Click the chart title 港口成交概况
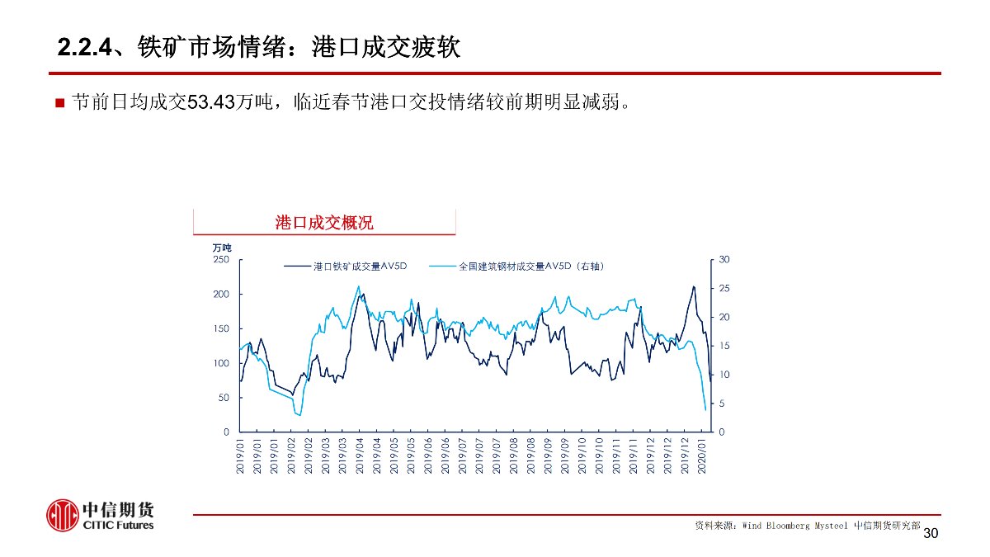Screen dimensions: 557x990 (x=323, y=223)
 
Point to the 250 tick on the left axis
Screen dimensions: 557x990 (x=221, y=260)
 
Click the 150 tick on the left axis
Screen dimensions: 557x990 (x=221, y=328)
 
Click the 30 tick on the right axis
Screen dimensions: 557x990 (x=724, y=260)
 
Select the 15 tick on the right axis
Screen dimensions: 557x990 (x=724, y=347)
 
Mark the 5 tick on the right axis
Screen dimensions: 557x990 (x=721, y=404)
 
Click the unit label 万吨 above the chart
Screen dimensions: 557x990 (x=222, y=248)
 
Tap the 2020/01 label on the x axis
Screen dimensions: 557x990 (x=703, y=456)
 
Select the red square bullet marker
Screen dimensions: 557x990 (x=59, y=104)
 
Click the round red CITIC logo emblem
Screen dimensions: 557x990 (x=62, y=516)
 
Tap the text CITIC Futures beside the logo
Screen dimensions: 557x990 (x=118, y=526)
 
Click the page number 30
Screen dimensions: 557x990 (x=931, y=534)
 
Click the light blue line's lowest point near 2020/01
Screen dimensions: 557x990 (x=705, y=410)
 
